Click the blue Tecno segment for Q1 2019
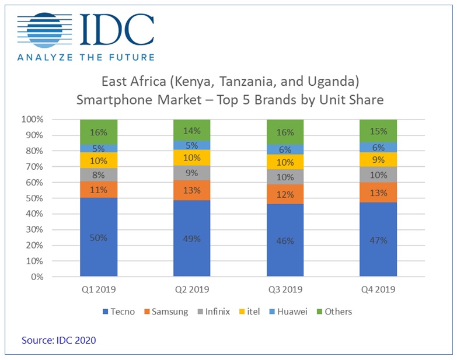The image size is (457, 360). coord(99,237)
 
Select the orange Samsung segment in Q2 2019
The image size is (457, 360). coord(192,190)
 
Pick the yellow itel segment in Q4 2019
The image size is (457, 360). coord(378,159)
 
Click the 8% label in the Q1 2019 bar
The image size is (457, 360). coord(99,174)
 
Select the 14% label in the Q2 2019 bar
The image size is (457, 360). coord(192,131)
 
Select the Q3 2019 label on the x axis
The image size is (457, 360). coord(285,290)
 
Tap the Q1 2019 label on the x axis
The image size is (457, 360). coord(99,290)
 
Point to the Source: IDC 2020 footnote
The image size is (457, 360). coord(58,340)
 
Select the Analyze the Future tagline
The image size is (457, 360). coord(86,57)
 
